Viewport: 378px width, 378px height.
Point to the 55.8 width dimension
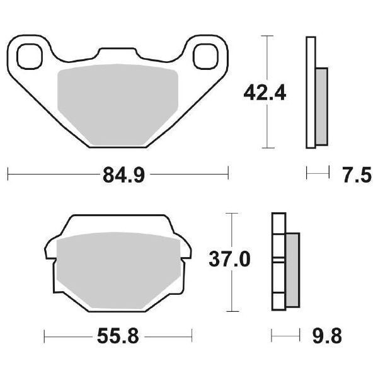(118, 335)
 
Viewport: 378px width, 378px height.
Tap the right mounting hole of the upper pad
(205, 56)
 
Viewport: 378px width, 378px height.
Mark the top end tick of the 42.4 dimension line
(269, 37)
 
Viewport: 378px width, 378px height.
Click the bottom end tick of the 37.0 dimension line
(234, 312)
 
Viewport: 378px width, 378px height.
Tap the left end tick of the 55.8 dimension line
(44, 335)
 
